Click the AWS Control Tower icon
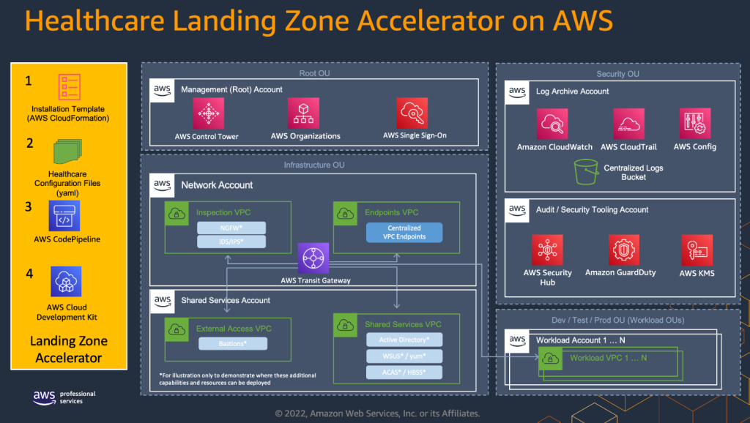pos(208,113)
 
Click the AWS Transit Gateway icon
pos(314,259)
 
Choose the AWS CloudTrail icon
pos(628,124)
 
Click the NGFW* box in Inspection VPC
pos(231,227)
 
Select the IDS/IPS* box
pos(231,242)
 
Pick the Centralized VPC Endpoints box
pos(404,233)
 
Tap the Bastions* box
pos(232,343)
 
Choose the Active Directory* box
pos(404,340)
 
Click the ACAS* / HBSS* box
pos(404,372)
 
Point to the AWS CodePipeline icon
pos(64,217)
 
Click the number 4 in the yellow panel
pos(29,274)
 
